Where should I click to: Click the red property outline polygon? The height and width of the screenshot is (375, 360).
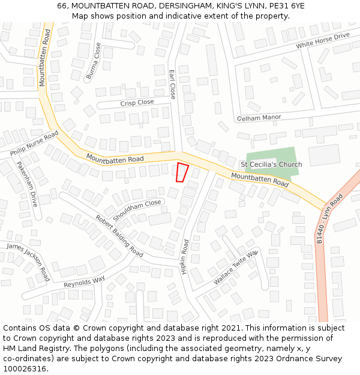182,172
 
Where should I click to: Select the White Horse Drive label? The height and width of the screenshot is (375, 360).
323,41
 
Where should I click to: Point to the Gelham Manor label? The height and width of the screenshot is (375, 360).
259,118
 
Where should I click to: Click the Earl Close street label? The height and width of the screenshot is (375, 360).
173,84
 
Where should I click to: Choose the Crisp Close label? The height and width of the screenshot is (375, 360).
137,103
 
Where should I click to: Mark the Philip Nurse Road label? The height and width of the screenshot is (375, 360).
34,145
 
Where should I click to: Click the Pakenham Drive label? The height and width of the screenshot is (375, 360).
27,184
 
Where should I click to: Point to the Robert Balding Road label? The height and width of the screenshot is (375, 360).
119,235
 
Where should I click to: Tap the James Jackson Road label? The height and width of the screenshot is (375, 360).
28,262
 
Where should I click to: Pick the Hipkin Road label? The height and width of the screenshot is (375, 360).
185,257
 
